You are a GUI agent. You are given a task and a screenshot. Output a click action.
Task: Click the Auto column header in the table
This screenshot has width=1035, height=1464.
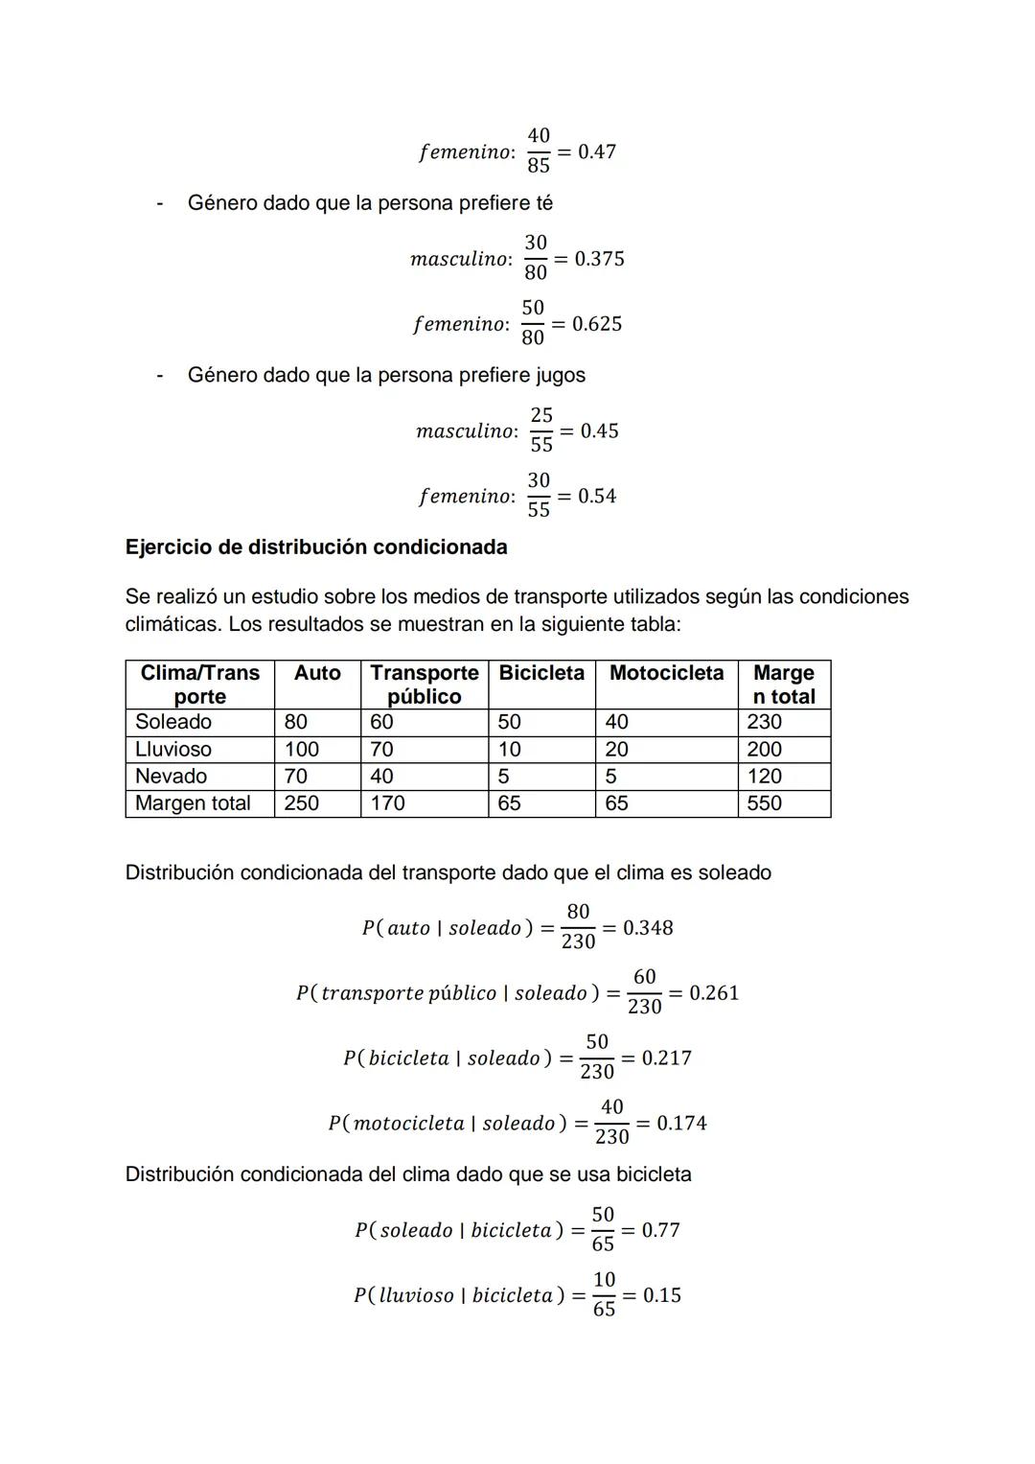(317, 673)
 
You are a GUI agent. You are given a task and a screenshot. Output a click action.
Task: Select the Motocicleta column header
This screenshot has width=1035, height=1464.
(666, 673)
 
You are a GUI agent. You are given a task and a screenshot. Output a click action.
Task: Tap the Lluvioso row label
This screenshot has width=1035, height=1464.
(173, 749)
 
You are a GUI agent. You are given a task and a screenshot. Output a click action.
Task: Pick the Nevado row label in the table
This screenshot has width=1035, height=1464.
(171, 776)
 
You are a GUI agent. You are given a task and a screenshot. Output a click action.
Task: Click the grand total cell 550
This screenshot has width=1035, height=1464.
(765, 803)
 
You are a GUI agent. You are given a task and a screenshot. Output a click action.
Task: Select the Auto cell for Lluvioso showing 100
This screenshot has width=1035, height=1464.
(302, 749)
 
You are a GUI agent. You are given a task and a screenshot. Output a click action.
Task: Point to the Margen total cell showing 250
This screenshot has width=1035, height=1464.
(302, 803)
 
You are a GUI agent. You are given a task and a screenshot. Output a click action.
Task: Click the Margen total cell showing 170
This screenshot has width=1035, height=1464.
(387, 803)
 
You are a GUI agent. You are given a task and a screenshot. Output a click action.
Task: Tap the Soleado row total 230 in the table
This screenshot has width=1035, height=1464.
(765, 722)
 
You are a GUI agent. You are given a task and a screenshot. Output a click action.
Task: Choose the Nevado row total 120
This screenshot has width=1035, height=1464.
(765, 776)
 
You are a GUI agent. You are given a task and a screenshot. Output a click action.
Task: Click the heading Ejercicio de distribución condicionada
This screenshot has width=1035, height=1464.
(316, 547)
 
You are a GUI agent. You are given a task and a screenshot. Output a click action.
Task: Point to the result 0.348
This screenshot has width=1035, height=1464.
(648, 928)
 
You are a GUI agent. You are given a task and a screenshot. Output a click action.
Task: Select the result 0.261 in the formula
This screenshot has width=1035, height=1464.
(714, 993)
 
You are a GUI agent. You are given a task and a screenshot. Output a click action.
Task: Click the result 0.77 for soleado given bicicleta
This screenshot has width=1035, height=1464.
(660, 1230)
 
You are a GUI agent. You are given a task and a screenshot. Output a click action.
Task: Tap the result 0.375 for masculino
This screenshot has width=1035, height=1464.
(599, 259)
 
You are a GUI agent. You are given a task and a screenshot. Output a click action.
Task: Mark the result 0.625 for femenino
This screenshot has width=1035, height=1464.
(597, 324)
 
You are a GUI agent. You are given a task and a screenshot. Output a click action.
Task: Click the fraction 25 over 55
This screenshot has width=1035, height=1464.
(541, 430)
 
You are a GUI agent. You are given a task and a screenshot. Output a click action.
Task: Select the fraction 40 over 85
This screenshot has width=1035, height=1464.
(539, 151)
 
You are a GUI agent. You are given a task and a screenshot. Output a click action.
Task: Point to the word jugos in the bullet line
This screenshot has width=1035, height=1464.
(560, 375)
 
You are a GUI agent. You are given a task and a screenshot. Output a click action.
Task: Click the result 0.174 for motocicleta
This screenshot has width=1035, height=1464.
(681, 1123)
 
